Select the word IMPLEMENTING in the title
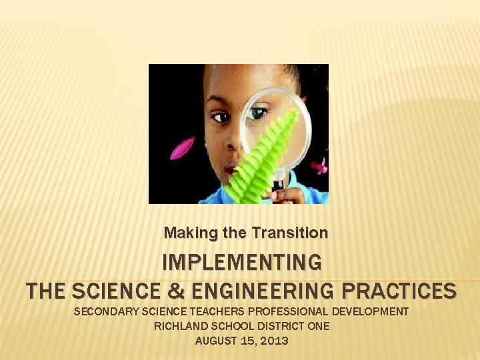[x=242, y=261]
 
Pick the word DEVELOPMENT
[x=372, y=311]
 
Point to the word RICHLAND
[x=179, y=326]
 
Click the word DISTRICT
[x=280, y=326]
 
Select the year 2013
[x=275, y=341]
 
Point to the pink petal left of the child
[x=182, y=147]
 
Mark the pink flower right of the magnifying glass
[x=321, y=165]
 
